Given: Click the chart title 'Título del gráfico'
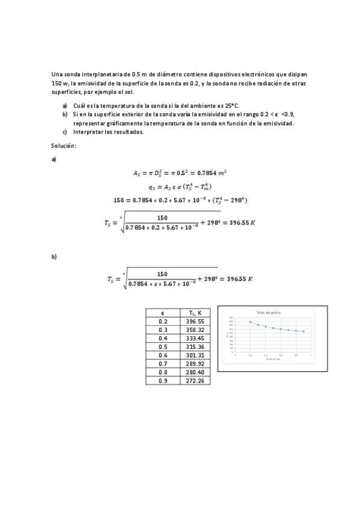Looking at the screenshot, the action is [269, 313].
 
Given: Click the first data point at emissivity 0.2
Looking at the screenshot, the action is [249, 322].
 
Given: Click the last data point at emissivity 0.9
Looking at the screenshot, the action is [304, 331].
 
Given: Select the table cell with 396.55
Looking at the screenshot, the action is [195, 322].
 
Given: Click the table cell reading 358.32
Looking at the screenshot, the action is [195, 330].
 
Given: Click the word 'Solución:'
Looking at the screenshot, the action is [64, 146].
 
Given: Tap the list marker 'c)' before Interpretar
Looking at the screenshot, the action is [65, 132].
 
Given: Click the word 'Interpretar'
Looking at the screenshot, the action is [88, 132].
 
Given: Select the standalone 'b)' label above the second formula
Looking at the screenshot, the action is [54, 257].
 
